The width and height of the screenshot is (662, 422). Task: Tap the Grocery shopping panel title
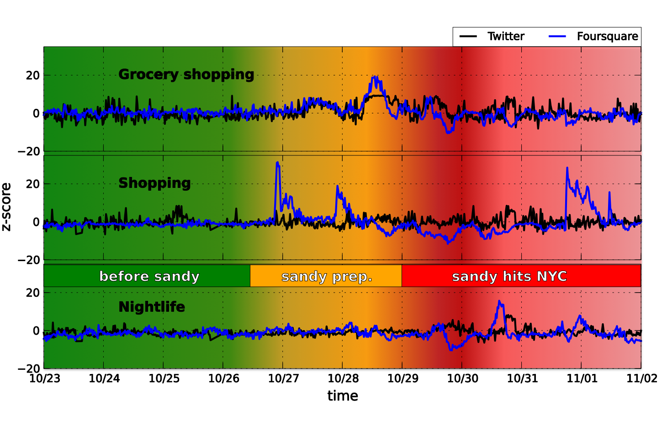pyautogui.click(x=186, y=75)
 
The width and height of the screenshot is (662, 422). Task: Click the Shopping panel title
pyautogui.click(x=154, y=183)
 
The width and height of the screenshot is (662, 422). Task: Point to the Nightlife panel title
pyautogui.click(x=152, y=307)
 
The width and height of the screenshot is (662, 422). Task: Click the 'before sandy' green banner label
pyautogui.click(x=149, y=277)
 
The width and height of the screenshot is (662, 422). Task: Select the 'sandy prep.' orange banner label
pyautogui.click(x=327, y=277)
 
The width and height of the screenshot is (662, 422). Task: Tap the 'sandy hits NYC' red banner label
pyautogui.click(x=509, y=277)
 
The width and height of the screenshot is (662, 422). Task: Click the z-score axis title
pyautogui.click(x=6, y=207)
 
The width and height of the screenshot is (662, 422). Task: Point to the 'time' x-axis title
pyautogui.click(x=343, y=396)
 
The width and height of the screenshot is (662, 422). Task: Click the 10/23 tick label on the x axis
pyautogui.click(x=44, y=379)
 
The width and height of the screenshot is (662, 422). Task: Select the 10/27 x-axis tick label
pyautogui.click(x=283, y=379)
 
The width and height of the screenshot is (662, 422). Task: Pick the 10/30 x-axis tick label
pyautogui.click(x=462, y=379)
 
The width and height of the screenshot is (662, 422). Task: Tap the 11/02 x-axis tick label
pyautogui.click(x=641, y=379)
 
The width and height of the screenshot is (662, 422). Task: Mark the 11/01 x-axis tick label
pyautogui.click(x=582, y=379)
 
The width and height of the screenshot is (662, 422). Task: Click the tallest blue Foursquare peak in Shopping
pyautogui.click(x=277, y=162)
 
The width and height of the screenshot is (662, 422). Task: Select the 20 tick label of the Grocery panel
pyautogui.click(x=32, y=75)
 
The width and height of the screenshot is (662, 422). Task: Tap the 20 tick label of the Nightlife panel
pyautogui.click(x=32, y=293)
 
